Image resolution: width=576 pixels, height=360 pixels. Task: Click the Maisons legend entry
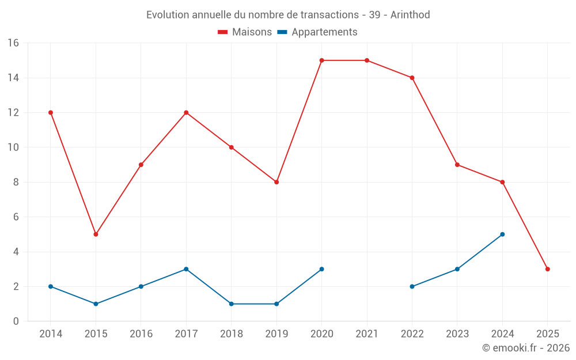(245, 32)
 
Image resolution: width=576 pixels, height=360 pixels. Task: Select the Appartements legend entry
(317, 32)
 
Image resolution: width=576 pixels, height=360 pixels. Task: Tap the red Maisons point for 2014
(51, 112)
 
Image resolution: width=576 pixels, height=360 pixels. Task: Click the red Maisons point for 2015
(96, 234)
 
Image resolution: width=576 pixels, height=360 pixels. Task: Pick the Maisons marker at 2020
(321, 60)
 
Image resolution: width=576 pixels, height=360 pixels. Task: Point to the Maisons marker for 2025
(547, 269)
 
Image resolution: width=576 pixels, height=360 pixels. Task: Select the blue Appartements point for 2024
(502, 234)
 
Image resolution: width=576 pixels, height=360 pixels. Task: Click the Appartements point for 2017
(186, 269)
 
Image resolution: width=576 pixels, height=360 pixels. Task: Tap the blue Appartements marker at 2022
(412, 286)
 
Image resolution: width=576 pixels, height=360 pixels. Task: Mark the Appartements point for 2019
(276, 304)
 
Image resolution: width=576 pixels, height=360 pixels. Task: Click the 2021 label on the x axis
(367, 334)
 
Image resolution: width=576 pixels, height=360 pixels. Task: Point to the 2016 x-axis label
(141, 334)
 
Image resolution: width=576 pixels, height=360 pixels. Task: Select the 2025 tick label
(547, 334)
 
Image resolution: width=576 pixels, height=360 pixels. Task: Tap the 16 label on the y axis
(13, 43)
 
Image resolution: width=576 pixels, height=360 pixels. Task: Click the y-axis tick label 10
(13, 147)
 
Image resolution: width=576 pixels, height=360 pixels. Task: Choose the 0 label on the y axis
(16, 321)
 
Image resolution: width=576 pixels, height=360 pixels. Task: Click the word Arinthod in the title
(410, 15)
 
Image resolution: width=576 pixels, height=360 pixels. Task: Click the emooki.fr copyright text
(525, 348)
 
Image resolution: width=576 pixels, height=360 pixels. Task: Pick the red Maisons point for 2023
(457, 165)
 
